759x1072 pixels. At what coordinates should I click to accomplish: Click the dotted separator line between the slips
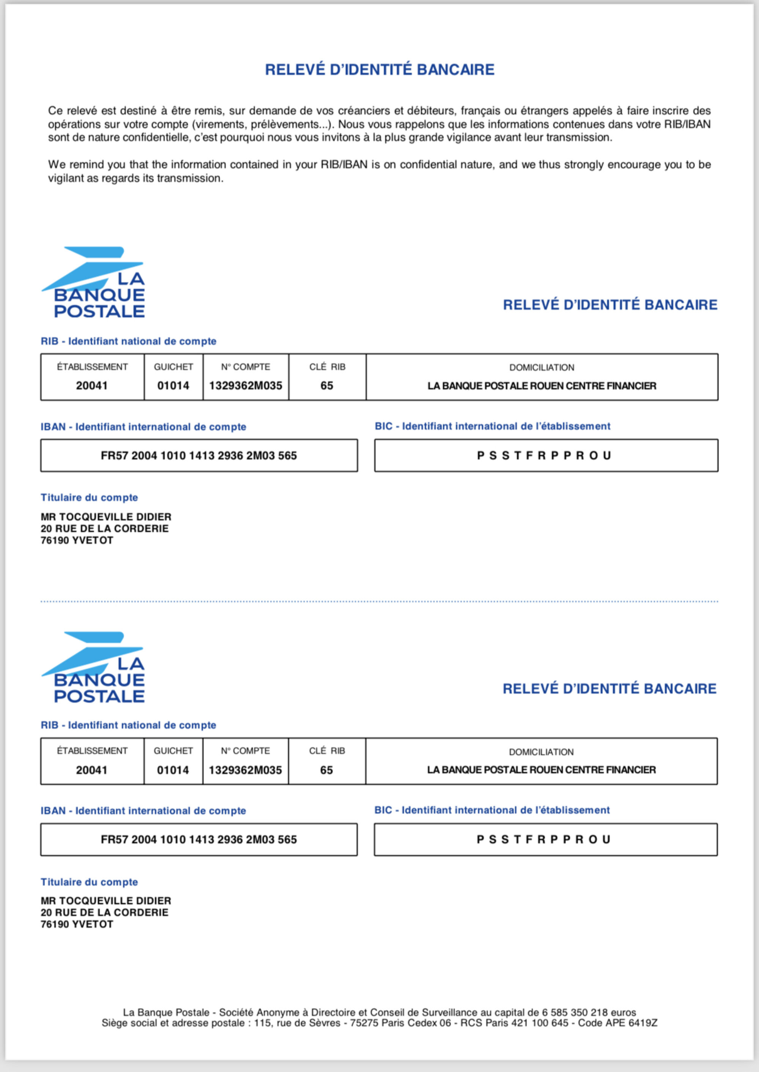[379, 602]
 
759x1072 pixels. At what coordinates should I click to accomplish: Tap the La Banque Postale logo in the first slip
[93, 282]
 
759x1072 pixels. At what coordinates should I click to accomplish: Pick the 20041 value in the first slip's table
[92, 386]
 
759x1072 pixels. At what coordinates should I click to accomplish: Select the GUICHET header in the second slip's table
[173, 751]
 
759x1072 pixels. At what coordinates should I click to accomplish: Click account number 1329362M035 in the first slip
[246, 386]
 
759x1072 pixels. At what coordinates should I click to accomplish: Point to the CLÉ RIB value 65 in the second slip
[327, 770]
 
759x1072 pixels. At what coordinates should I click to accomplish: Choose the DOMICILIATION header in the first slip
[542, 368]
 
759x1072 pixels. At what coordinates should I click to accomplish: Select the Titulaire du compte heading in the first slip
[89, 497]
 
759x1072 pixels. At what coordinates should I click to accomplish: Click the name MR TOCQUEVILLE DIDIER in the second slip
[106, 901]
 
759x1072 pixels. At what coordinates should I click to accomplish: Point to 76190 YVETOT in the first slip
[77, 541]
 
